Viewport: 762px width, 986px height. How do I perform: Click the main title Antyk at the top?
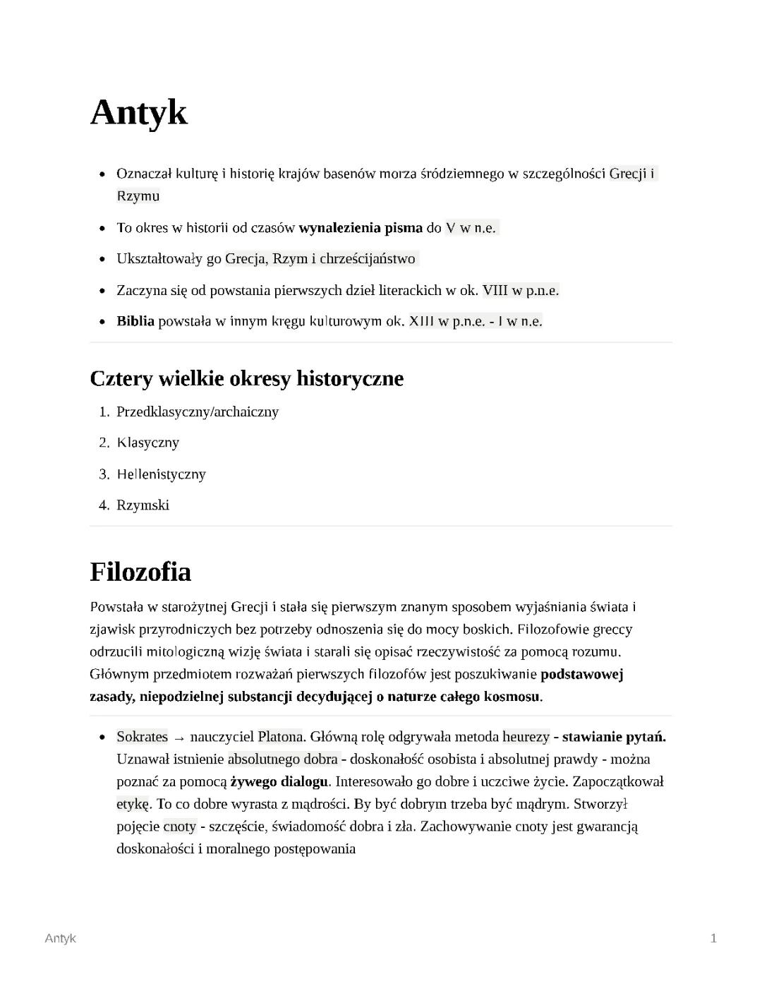(x=138, y=112)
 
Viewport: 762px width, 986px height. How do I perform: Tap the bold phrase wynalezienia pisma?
(x=361, y=228)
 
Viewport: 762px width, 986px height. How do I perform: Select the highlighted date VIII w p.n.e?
(x=521, y=290)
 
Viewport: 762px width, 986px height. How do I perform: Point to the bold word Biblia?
(x=135, y=321)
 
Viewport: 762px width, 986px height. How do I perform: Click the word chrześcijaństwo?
(x=367, y=259)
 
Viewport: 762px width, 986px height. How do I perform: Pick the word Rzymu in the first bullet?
(x=138, y=196)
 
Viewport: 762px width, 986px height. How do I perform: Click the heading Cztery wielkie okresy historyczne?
(x=246, y=378)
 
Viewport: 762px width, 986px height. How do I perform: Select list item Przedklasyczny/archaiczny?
(x=198, y=411)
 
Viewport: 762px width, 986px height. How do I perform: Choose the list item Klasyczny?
(x=148, y=443)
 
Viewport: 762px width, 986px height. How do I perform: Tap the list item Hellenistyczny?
(x=162, y=474)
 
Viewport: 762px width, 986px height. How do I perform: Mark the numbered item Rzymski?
(x=143, y=505)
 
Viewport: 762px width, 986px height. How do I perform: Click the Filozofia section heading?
(x=140, y=571)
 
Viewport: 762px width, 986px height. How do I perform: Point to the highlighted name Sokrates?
(x=142, y=737)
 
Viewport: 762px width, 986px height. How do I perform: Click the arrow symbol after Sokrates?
(x=179, y=738)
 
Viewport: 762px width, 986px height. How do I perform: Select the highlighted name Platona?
(x=279, y=737)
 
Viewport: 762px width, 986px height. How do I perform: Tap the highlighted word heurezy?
(x=526, y=737)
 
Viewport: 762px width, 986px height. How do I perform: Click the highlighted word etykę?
(x=133, y=804)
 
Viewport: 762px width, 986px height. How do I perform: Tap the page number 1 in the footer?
(x=713, y=938)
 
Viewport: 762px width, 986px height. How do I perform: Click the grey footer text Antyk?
(x=60, y=938)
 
